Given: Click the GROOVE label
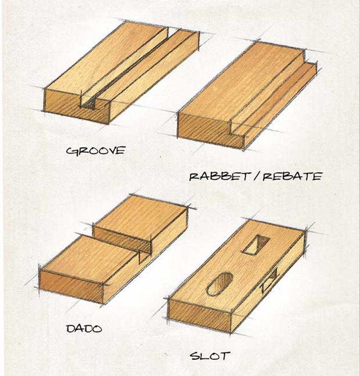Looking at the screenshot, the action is pyautogui.click(x=96, y=151).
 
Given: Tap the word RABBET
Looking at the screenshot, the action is pyautogui.click(x=219, y=177).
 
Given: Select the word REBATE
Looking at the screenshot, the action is pyautogui.click(x=292, y=177).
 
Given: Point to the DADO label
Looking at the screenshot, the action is pyautogui.click(x=84, y=328).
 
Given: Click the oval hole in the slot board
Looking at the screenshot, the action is pyautogui.click(x=219, y=284).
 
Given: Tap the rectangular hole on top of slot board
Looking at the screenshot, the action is pyautogui.click(x=256, y=244).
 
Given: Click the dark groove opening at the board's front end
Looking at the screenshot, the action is pyautogui.click(x=88, y=104).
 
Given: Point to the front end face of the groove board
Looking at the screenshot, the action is pyautogui.click(x=77, y=107).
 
